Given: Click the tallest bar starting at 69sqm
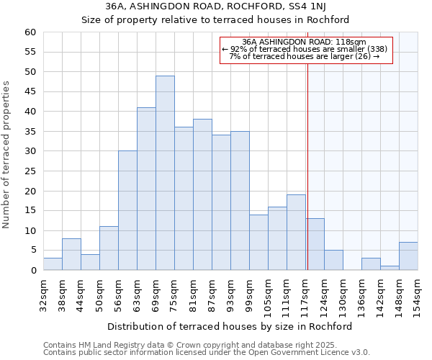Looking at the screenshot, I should point(165,173).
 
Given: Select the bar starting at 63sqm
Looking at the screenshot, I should point(146,189).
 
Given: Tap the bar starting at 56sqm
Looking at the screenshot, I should point(127,210).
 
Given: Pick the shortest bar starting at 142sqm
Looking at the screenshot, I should point(390,268).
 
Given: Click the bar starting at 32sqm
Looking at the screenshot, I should point(53,264).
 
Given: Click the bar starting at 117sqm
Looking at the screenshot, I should point(315,244).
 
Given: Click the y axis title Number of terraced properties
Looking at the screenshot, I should point(6,154).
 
